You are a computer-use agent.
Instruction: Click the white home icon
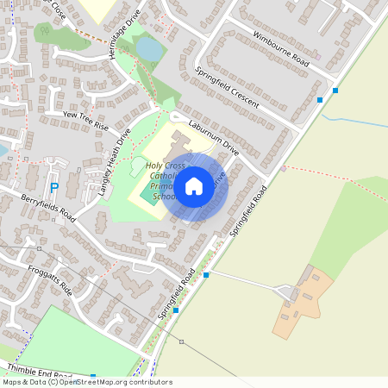[x=194, y=185]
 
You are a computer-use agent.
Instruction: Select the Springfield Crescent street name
[x=227, y=87]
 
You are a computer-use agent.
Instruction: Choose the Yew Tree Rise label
[x=85, y=119]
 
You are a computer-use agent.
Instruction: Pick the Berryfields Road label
[x=48, y=208]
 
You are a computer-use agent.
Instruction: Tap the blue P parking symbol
[x=53, y=187]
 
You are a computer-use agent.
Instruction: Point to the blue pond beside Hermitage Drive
[x=150, y=50]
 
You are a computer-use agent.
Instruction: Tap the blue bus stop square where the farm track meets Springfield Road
[x=206, y=275]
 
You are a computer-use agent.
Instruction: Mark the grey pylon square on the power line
[x=40, y=248]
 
